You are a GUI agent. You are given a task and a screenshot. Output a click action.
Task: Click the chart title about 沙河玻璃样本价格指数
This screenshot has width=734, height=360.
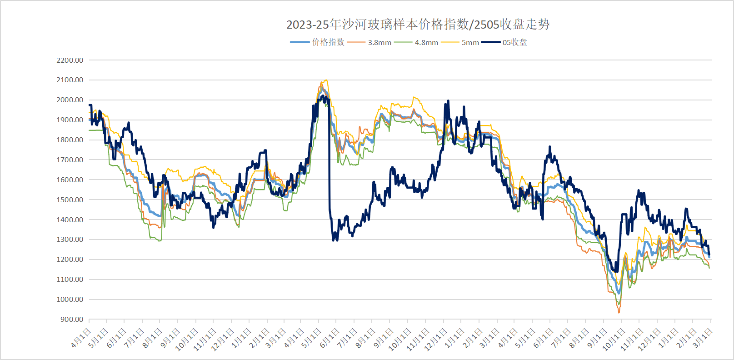coord(418,25)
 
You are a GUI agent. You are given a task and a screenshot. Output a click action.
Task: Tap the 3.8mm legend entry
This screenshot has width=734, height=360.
coord(379,42)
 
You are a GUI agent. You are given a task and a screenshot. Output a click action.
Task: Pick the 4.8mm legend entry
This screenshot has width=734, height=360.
coord(426,42)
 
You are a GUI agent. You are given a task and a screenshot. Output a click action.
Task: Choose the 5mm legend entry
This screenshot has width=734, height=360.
coord(470,42)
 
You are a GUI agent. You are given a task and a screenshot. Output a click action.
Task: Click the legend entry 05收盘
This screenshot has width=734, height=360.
coord(514,42)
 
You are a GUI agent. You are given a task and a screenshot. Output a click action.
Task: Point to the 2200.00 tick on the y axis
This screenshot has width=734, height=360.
coord(70,60)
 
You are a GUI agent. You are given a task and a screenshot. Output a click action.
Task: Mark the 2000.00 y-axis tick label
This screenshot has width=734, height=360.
coord(70,100)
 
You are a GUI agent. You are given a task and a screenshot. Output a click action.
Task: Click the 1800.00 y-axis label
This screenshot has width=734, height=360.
coord(70,140)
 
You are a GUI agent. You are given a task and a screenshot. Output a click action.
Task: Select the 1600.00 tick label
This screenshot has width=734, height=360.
coord(70,180)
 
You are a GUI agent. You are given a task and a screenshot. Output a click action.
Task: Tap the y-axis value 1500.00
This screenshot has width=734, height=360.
coord(70,200)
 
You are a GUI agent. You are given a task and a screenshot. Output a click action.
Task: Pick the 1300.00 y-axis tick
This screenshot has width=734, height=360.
coord(70,240)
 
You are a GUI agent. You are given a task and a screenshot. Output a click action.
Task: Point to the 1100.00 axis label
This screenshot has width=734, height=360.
coord(70,280)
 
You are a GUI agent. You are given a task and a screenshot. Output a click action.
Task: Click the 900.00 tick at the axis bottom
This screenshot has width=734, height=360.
coord(72,319)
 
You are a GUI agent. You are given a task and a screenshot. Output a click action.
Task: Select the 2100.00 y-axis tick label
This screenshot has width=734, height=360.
coord(70,80)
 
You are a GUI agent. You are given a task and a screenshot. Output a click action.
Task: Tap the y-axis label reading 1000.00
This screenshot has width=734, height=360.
coord(70,300)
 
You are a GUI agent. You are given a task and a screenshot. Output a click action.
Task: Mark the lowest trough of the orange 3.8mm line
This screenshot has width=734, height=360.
coord(619,312)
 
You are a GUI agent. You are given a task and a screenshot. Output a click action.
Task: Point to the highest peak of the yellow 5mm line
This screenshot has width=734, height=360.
coord(325,80)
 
